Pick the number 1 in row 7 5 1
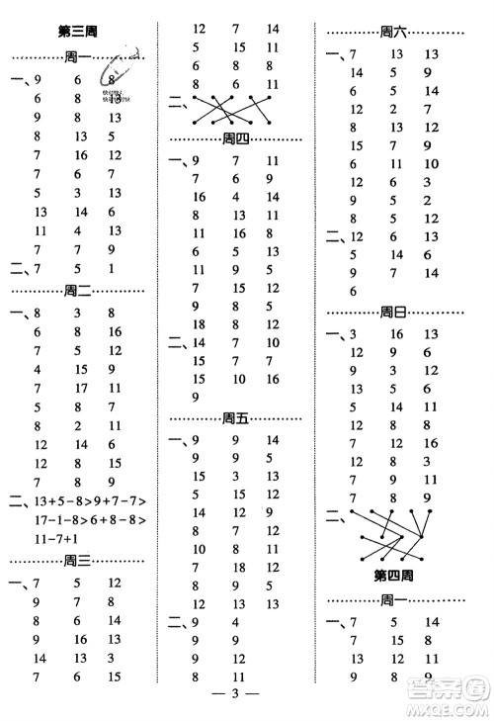tap(113, 269)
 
